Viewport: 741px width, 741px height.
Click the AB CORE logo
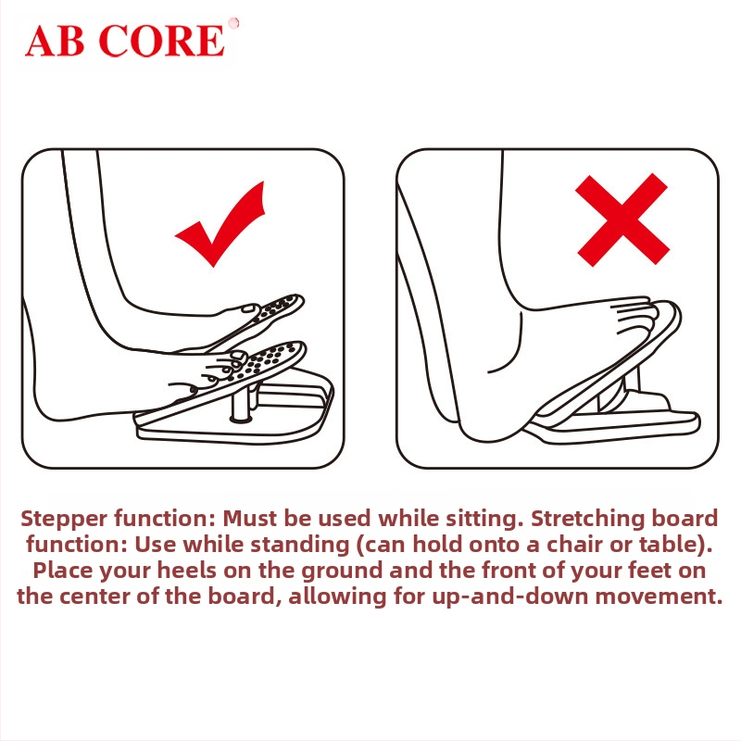click(x=125, y=41)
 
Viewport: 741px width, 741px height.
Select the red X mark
click(x=622, y=220)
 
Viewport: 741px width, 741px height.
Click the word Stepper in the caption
click(x=64, y=519)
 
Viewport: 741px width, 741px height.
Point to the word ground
click(x=342, y=571)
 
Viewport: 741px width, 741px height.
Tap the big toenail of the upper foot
click(x=248, y=308)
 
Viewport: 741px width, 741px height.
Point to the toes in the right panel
click(x=634, y=313)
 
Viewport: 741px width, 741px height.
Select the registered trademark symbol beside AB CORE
click(x=233, y=22)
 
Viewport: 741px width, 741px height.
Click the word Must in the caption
click(x=249, y=519)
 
